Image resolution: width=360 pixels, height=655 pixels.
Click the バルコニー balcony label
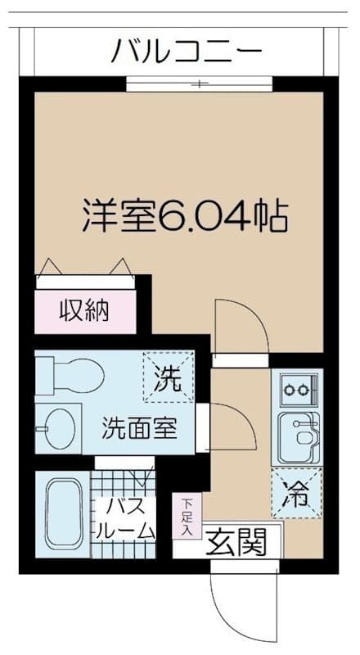point(187,51)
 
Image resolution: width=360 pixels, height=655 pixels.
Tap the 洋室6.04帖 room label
point(185,216)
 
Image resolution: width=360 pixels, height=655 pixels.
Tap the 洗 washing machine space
point(169,377)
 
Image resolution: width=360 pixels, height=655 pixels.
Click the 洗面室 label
point(140,428)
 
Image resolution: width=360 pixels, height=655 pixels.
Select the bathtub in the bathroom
point(62,514)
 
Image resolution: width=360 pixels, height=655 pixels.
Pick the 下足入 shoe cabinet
point(187,516)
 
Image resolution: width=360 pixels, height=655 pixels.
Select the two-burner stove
point(298,390)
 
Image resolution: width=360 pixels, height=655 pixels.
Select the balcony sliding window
point(200,84)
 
